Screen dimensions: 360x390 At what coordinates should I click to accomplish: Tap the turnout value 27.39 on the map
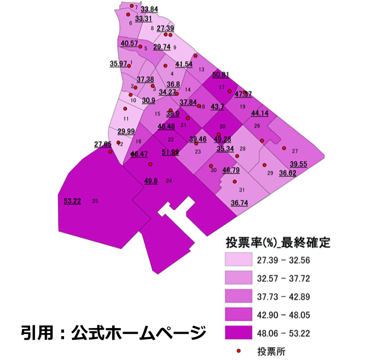pos(166,28)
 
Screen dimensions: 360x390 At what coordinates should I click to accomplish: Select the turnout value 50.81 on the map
pos(221,75)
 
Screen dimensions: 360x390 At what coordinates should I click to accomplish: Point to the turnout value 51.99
pos(170,152)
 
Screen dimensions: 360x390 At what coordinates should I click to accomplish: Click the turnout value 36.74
pos(239,202)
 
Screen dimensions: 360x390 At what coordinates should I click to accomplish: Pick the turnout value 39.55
pos(299,164)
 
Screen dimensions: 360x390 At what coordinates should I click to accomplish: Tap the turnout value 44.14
pos(260,113)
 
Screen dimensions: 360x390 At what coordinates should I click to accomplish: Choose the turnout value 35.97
pos(118,63)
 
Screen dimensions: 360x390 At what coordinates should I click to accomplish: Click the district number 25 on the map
pos(95,201)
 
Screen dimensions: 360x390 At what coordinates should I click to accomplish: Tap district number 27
pos(295,151)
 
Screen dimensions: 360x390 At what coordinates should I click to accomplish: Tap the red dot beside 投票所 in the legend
pos(239,350)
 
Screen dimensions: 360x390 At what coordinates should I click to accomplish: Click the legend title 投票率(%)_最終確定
pos(278,242)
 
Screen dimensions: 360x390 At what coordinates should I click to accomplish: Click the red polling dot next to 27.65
pos(110,151)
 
